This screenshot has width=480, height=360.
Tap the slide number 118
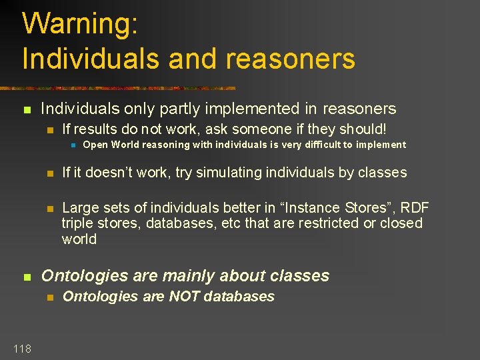click(x=21, y=348)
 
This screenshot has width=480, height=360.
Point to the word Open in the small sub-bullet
click(x=95, y=145)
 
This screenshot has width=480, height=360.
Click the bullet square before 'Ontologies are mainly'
click(x=27, y=277)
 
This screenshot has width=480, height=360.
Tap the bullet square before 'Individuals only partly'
click(x=27, y=109)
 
